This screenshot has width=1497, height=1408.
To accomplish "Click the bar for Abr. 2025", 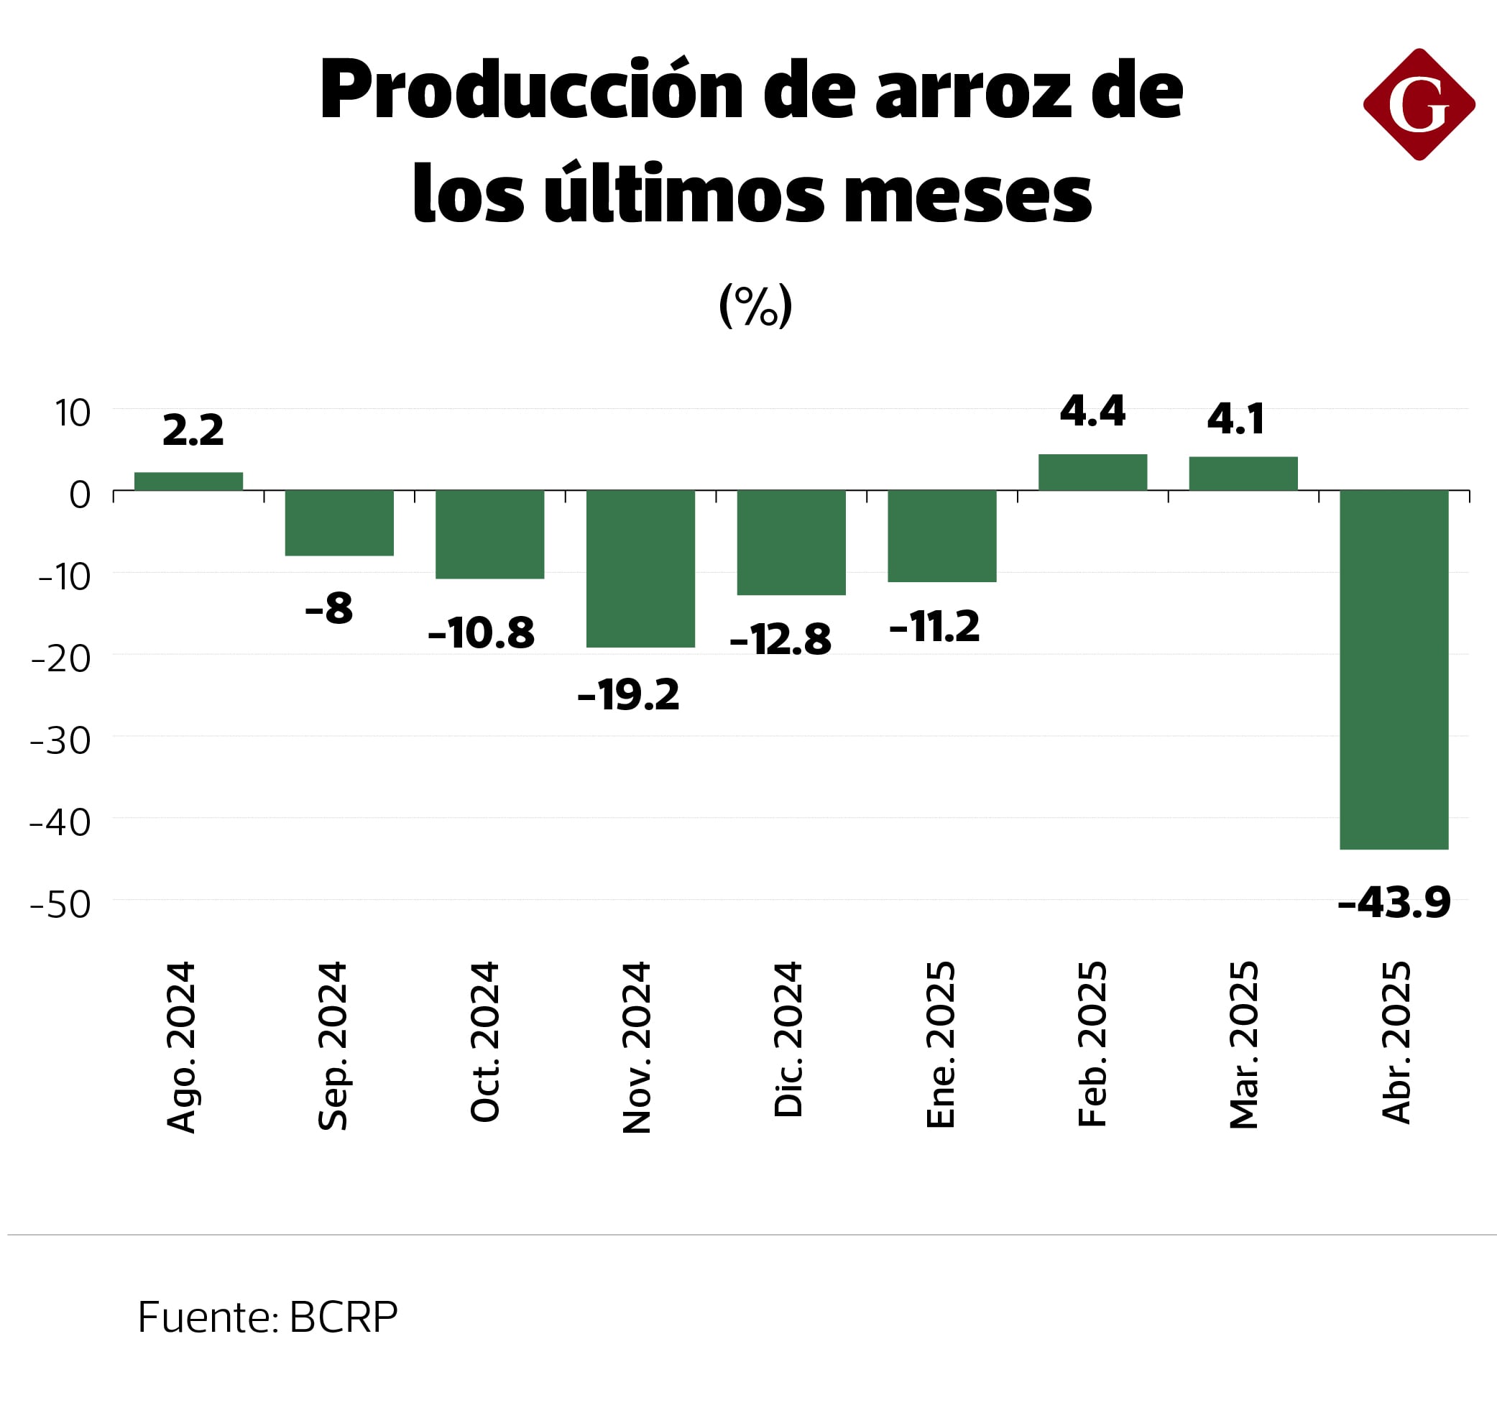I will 1394,669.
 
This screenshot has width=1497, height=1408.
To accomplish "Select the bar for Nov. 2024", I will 640,569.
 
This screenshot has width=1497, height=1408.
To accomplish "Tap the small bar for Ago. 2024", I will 188,481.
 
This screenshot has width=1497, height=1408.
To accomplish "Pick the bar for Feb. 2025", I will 1092,472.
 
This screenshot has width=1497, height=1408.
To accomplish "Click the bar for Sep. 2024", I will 339,523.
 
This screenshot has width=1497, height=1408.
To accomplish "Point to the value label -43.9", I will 1394,902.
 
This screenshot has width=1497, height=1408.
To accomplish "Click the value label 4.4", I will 1092,411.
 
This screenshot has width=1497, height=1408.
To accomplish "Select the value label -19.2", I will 628,694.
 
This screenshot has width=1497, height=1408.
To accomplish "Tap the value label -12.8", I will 780,640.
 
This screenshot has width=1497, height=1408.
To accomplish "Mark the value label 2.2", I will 193,431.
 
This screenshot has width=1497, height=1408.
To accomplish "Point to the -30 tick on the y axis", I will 60,741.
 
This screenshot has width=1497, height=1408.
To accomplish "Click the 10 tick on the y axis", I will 73,413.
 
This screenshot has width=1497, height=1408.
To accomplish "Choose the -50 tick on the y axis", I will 60,904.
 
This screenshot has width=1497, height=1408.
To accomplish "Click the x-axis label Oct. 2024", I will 484,1043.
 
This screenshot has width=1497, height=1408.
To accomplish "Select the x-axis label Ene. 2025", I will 940,1045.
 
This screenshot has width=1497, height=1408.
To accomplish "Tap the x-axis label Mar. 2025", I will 1243,1045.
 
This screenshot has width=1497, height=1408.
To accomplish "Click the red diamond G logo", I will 1419,105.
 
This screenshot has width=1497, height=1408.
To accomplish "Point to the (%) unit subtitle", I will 755,305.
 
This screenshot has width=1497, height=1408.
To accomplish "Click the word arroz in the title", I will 973,91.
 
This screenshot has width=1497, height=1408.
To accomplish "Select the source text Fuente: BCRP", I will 267,1317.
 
